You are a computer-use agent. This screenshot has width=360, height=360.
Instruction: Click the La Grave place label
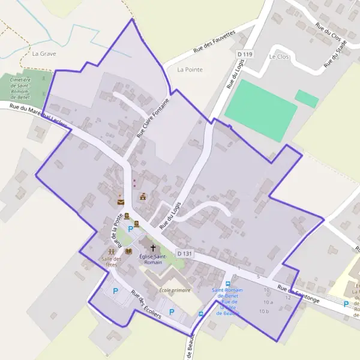click(44, 53)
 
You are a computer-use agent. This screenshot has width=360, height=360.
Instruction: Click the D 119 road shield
click(244, 54)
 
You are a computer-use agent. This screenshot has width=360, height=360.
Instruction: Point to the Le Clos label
click(279, 57)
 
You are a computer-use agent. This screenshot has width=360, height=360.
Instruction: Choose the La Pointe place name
click(190, 70)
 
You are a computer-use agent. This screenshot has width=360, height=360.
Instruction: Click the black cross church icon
click(152, 247)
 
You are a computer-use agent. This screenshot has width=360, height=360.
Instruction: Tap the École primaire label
click(175, 290)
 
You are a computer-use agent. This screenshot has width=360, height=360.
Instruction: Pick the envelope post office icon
click(121, 202)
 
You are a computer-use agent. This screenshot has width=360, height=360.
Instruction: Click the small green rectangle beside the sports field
click(307, 98)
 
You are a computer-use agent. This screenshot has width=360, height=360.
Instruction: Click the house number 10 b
click(263, 311)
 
